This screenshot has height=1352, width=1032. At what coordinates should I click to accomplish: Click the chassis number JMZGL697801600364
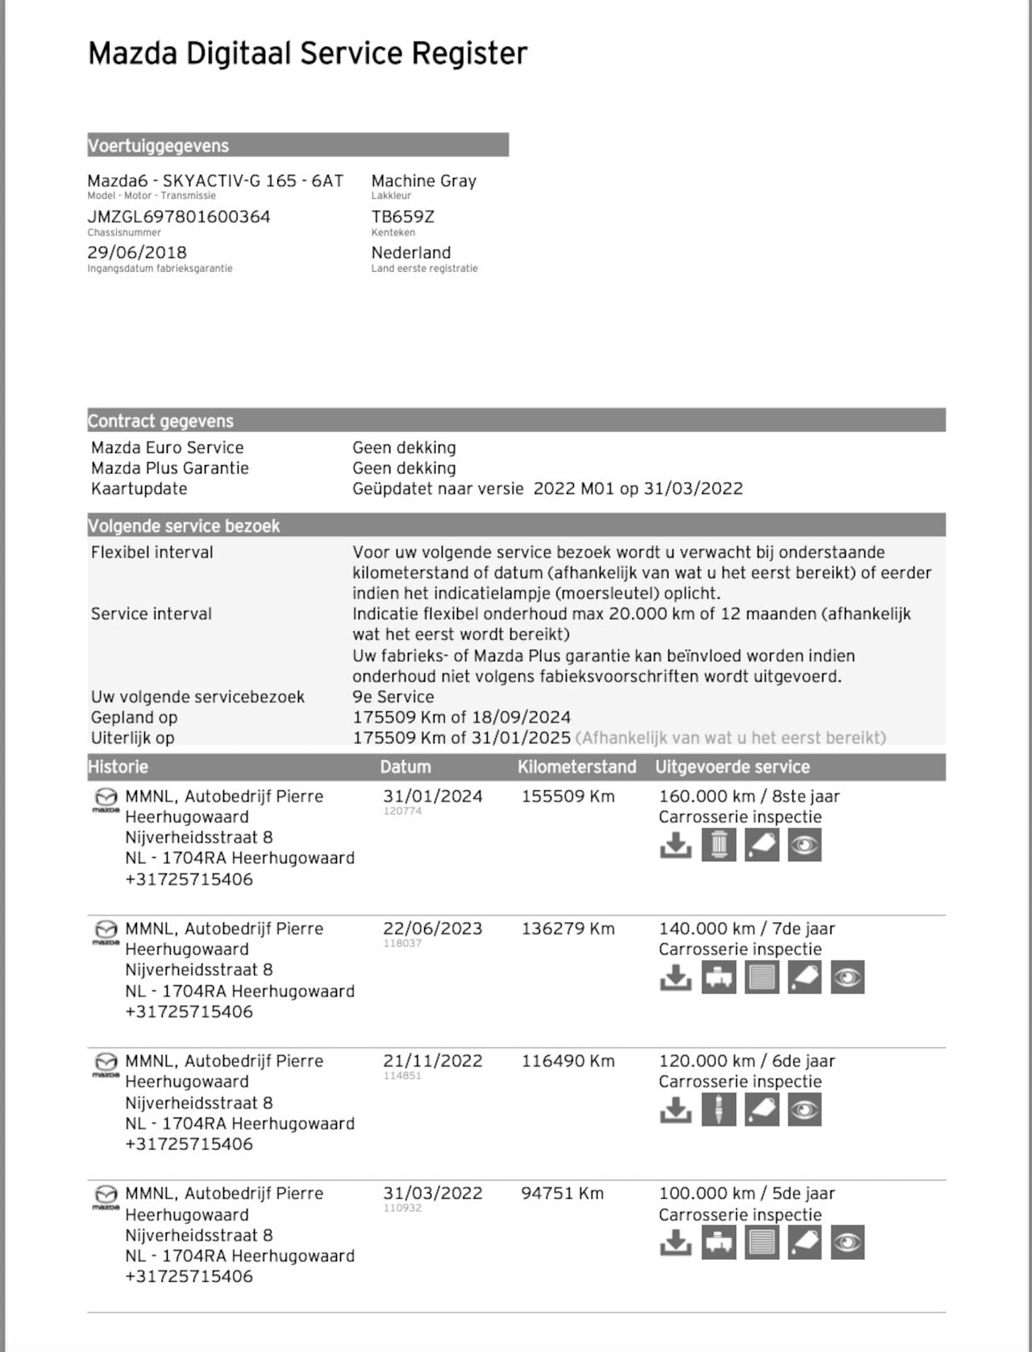[x=178, y=216]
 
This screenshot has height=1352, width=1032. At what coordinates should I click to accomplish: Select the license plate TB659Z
[x=402, y=216]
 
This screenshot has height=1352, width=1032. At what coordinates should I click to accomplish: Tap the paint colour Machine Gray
[x=423, y=181]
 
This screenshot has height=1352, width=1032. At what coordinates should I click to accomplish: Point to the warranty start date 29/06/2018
[x=137, y=252]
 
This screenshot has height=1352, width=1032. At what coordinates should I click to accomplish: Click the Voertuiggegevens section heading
[x=158, y=146]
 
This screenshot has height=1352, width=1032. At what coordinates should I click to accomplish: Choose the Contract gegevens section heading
[x=160, y=421]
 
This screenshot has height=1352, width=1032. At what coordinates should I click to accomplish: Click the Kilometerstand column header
[x=576, y=767]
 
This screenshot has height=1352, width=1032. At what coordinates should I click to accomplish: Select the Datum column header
[x=405, y=767]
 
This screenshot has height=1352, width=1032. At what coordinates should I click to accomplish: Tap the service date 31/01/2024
[x=432, y=797]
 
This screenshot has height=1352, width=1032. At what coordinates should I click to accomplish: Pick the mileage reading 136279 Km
[x=568, y=929]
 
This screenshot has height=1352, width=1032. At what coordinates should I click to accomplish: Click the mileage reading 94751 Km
[x=562, y=1193]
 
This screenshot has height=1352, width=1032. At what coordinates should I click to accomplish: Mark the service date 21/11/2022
[x=432, y=1061]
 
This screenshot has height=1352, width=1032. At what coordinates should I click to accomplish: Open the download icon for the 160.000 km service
[x=676, y=845]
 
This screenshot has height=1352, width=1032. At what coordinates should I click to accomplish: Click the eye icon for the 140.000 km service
[x=847, y=977]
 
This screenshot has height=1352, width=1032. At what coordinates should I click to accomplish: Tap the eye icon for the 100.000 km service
[x=847, y=1242]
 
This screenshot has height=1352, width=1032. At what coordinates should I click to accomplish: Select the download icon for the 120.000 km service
[x=676, y=1110]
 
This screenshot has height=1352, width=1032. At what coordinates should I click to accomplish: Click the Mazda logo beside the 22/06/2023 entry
[x=106, y=932]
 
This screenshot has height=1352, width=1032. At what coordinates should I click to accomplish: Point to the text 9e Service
[x=393, y=697]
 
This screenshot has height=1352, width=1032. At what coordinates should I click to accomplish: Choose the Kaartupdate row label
[x=139, y=489]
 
